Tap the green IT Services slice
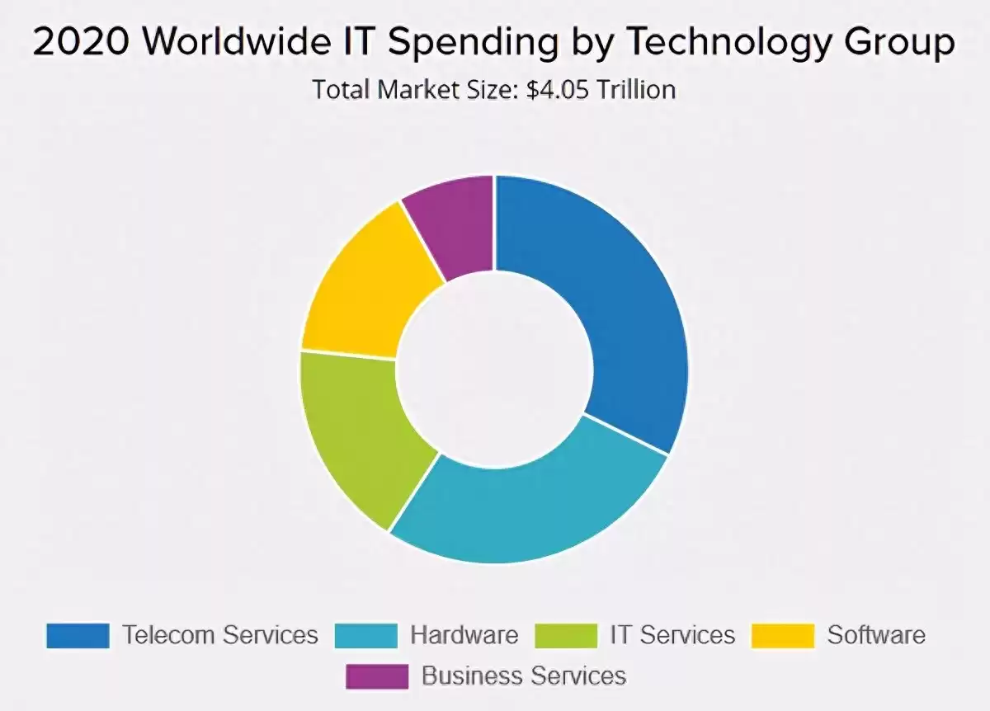click(359, 429)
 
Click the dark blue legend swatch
click(78, 635)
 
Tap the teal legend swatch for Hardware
click(365, 635)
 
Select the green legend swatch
click(565, 635)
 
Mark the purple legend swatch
click(376, 676)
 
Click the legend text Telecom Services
click(219, 635)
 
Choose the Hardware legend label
click(464, 635)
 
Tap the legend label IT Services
click(672, 635)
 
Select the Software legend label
click(876, 635)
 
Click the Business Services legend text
click(524, 676)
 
